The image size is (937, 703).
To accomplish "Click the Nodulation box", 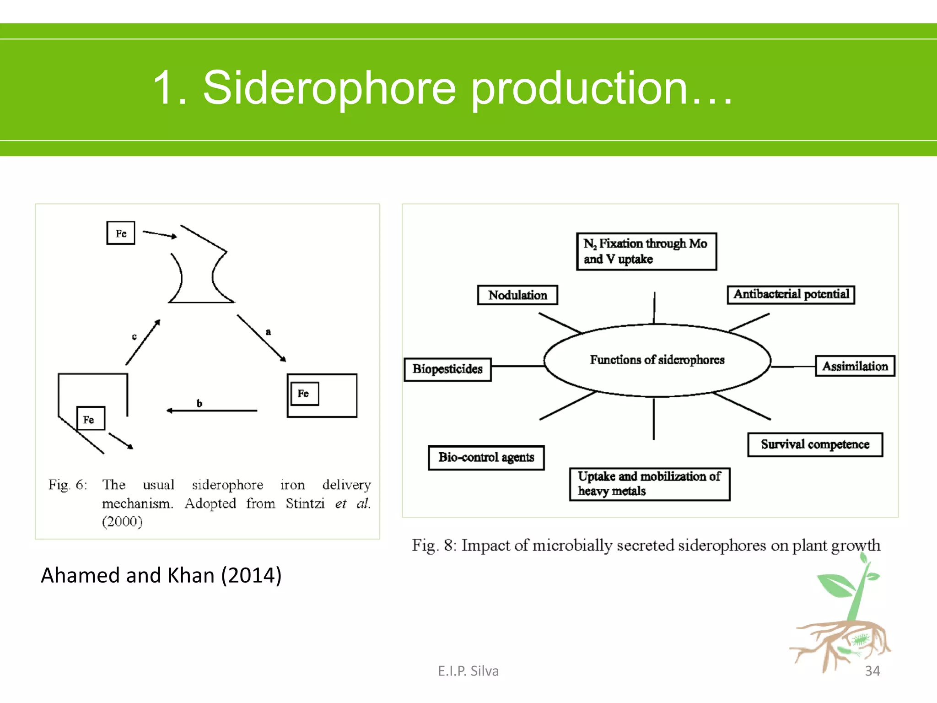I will click(x=517, y=295).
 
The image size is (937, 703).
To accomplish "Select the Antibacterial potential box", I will click(x=791, y=294).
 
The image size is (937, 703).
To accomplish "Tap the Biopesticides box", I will click(x=447, y=369).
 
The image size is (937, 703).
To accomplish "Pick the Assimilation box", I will click(x=855, y=366).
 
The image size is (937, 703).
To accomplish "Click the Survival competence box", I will click(x=815, y=444).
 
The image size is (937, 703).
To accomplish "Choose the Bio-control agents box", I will click(x=486, y=457).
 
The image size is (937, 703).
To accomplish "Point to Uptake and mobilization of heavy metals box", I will click(x=649, y=484).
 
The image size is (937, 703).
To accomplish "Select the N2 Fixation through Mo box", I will click(x=646, y=251).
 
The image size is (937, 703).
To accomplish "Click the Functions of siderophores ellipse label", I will click(x=657, y=360).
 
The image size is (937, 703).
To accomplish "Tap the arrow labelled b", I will click(x=212, y=411).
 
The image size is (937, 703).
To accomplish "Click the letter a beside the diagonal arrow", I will click(x=268, y=332).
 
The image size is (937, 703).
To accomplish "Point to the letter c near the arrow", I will click(x=134, y=336).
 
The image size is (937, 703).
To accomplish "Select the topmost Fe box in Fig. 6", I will click(x=121, y=233).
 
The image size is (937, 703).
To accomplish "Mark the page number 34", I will click(x=872, y=671).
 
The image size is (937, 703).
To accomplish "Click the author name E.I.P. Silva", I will click(x=468, y=671).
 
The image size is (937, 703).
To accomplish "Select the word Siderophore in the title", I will click(x=329, y=88).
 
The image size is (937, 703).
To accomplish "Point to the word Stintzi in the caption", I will click(x=305, y=503).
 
